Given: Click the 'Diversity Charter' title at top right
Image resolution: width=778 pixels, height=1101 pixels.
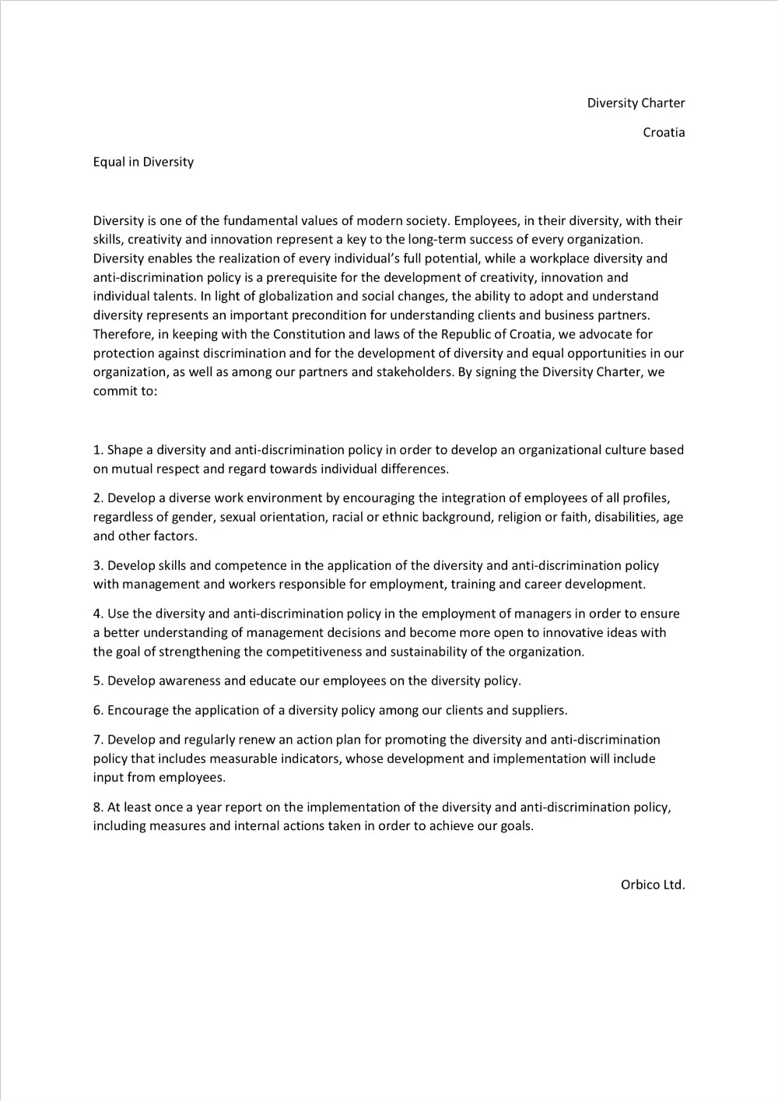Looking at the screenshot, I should click(636, 103).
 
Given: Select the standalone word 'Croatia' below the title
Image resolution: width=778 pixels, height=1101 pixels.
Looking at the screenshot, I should click(664, 132).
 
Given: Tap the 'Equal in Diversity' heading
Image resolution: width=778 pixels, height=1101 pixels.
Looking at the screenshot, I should click(143, 162).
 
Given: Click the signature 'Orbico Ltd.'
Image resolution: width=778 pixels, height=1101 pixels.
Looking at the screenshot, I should click(653, 885).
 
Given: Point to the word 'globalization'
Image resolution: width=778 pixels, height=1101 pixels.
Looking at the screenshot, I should click(300, 296).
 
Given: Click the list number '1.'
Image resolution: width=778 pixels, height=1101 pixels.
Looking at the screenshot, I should click(98, 450).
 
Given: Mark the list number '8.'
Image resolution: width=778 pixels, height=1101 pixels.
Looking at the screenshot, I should click(98, 807).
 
